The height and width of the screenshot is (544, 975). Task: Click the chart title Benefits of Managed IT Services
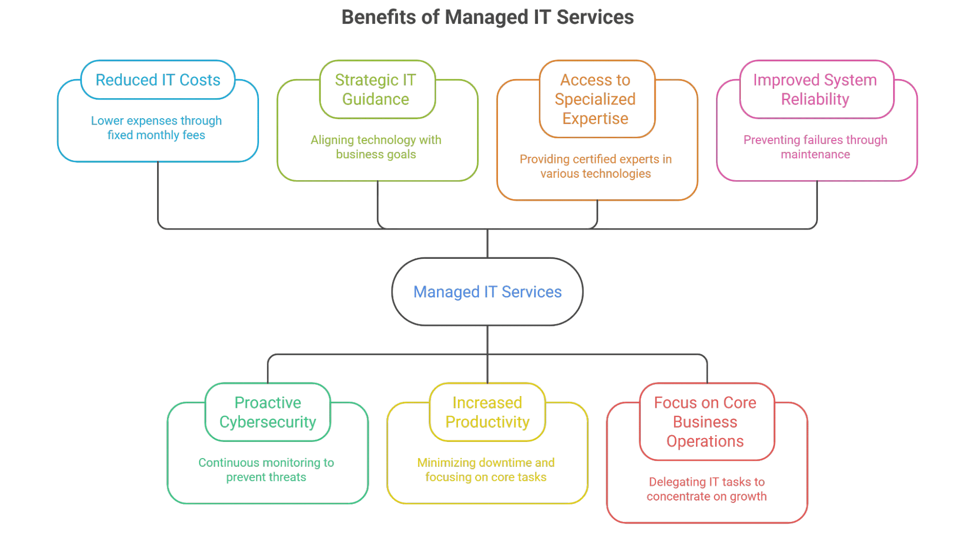click(487, 17)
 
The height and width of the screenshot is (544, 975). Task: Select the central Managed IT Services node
click(487, 292)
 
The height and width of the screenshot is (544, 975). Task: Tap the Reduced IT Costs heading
click(158, 80)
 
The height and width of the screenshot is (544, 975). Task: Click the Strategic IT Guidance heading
click(375, 89)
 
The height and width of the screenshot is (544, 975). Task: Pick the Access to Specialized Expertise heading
click(596, 99)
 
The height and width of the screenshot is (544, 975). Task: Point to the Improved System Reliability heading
click(815, 89)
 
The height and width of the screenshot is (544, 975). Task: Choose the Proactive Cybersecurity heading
click(268, 412)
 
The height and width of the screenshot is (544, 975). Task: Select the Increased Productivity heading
click(487, 412)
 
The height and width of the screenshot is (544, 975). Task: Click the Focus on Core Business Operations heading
click(705, 421)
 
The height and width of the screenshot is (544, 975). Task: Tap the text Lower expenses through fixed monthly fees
click(157, 128)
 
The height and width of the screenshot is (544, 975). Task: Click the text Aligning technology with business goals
click(376, 147)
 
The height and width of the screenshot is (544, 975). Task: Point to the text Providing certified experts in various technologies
click(596, 167)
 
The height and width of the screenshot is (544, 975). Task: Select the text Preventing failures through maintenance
click(815, 147)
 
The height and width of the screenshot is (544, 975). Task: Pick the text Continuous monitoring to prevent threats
click(266, 470)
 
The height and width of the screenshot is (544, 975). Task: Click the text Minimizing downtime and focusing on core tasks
click(486, 470)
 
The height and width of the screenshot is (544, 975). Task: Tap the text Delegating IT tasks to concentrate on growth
click(707, 489)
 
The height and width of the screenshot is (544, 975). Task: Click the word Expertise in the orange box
click(596, 119)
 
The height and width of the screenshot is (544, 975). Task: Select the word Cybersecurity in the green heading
click(268, 422)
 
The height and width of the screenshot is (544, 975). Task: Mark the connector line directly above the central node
click(488, 243)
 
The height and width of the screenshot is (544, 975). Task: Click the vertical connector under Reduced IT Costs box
click(158, 193)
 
